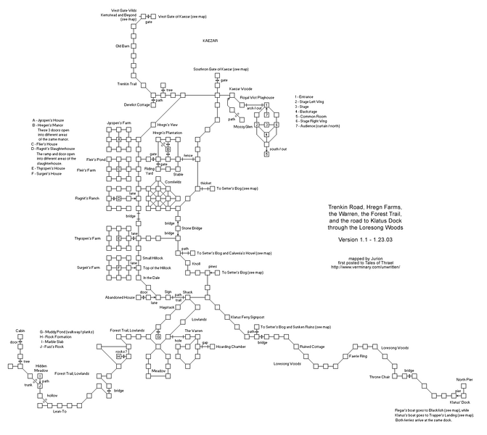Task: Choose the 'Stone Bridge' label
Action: pyautogui.click(x=192, y=228)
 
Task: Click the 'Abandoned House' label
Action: pyautogui.click(x=120, y=297)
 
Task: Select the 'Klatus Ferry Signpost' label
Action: pyautogui.click(x=247, y=317)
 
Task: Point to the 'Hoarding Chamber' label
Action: pyautogui.click(x=229, y=347)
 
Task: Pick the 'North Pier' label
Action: pyautogui.click(x=464, y=379)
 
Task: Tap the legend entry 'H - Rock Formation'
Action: pyautogui.click(x=59, y=336)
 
